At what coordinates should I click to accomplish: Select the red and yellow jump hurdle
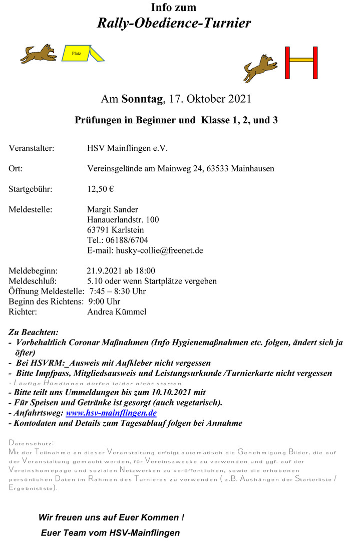[301, 63]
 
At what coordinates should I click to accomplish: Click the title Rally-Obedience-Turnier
[174, 23]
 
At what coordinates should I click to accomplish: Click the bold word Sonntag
[142, 99]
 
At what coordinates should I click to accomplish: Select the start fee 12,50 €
[100, 189]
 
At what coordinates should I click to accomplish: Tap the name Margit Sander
[113, 209]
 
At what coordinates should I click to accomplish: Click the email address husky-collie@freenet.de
[159, 250]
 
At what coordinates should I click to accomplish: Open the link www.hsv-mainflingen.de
[111, 413]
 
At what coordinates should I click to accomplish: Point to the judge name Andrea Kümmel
[117, 312]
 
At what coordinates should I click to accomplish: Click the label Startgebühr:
[30, 189]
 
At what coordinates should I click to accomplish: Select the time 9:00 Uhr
[104, 302]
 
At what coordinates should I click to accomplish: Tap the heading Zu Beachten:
[34, 332]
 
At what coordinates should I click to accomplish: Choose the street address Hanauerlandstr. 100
[123, 219]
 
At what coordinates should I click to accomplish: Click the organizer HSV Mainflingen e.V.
[128, 148]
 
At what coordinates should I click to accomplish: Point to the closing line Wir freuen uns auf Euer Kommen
[111, 517]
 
